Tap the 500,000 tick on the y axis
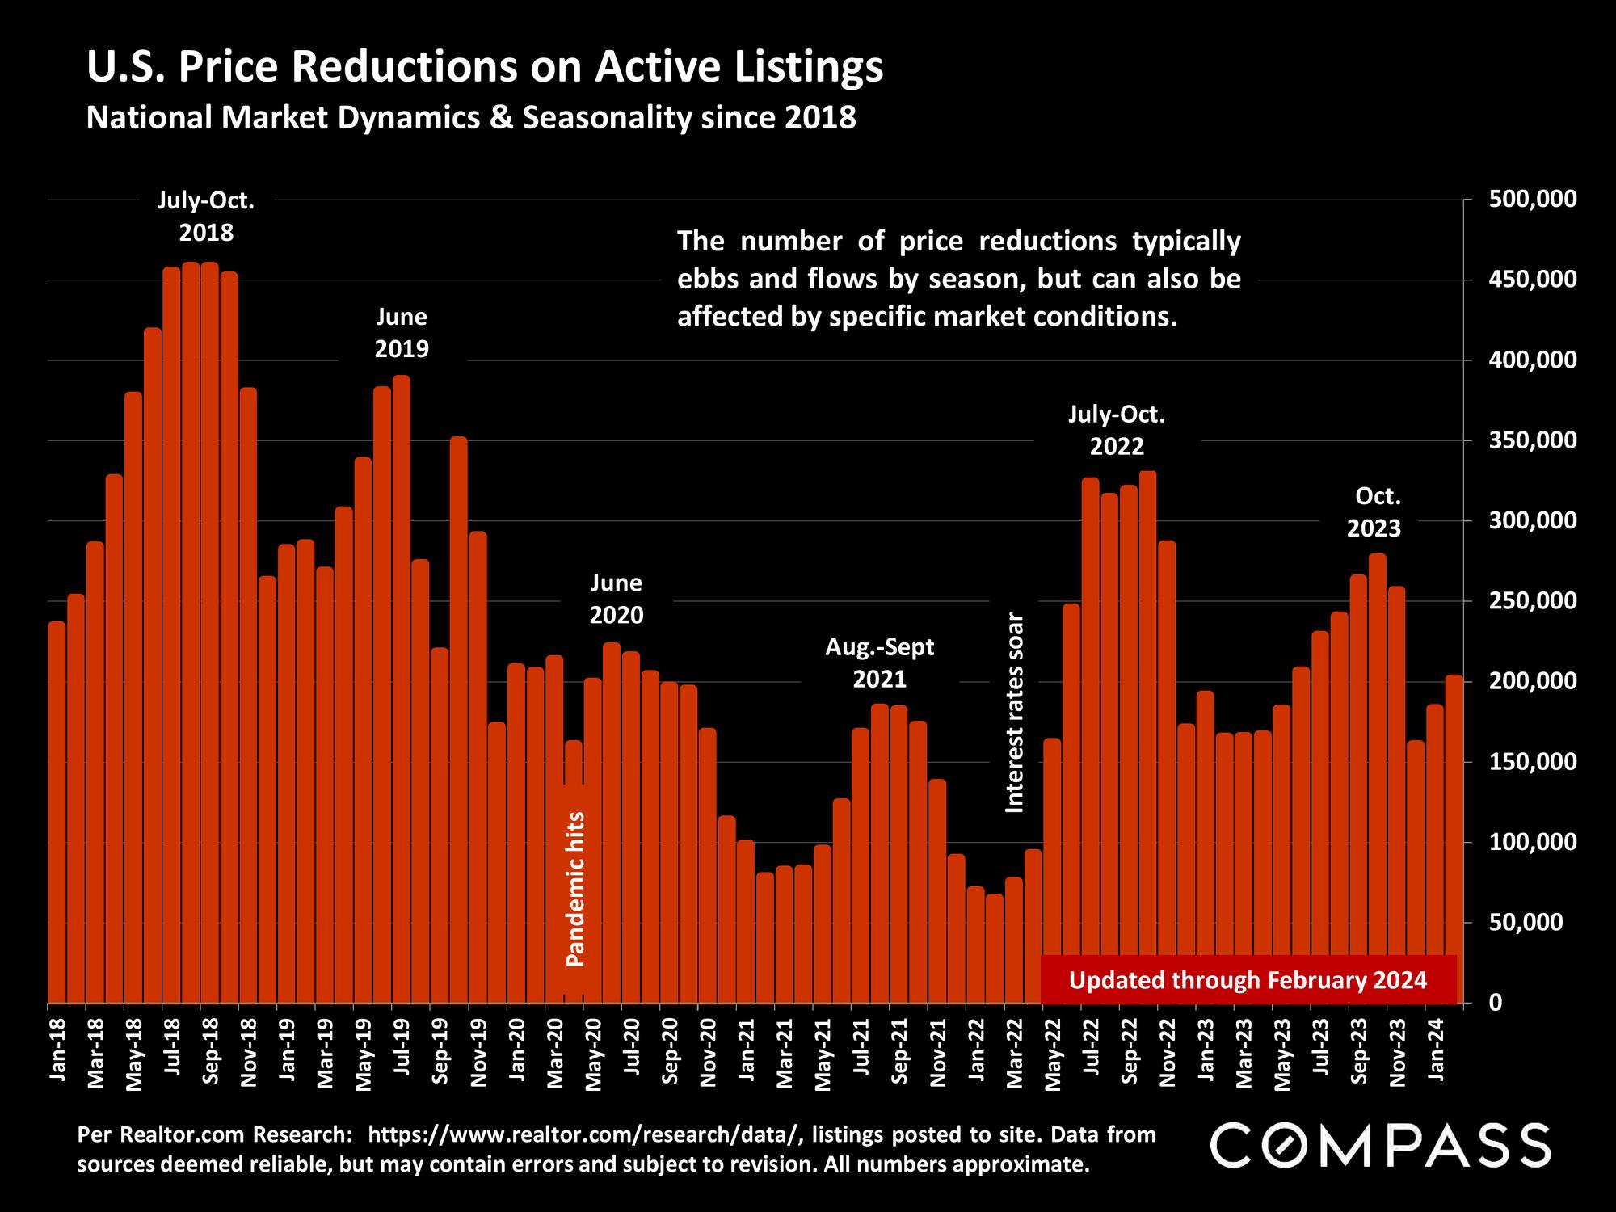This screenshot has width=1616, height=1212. (1531, 199)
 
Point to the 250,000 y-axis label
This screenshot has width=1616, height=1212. (1531, 601)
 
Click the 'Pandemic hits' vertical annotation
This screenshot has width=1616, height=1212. (574, 889)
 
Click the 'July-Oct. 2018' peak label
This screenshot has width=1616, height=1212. (206, 217)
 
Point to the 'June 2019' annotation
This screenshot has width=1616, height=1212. (402, 332)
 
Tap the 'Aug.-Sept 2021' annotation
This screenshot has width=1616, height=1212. (880, 663)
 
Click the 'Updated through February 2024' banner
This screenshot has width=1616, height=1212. (1248, 980)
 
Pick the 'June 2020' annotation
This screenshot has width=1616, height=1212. (617, 599)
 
